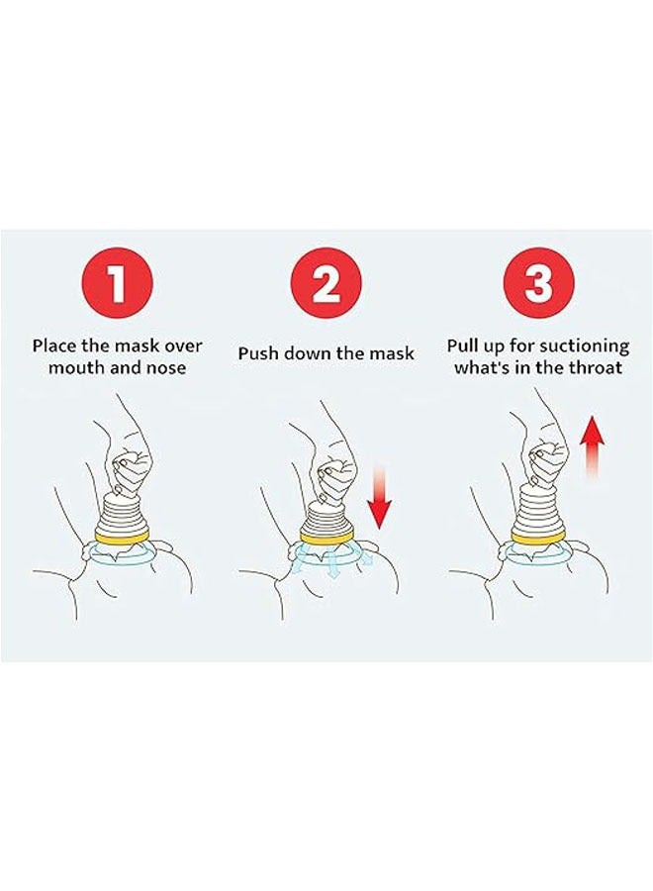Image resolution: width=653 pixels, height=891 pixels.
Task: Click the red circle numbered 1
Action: pyautogui.click(x=118, y=283)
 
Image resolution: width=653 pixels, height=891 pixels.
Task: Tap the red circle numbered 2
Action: pyautogui.click(x=326, y=283)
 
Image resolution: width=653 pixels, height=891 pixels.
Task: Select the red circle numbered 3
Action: pyautogui.click(x=539, y=283)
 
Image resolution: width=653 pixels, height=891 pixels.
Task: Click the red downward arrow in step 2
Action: pyautogui.click(x=379, y=497)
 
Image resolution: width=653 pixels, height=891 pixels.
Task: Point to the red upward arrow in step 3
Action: pyautogui.click(x=592, y=446)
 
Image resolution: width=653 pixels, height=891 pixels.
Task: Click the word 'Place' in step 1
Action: pyautogui.click(x=52, y=346)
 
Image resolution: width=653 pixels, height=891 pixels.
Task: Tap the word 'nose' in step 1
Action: pyautogui.click(x=166, y=367)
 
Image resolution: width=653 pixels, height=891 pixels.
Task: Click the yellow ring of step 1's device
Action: pyautogui.click(x=119, y=536)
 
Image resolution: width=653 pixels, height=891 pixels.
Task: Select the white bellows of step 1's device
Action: pyautogui.click(x=120, y=514)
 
